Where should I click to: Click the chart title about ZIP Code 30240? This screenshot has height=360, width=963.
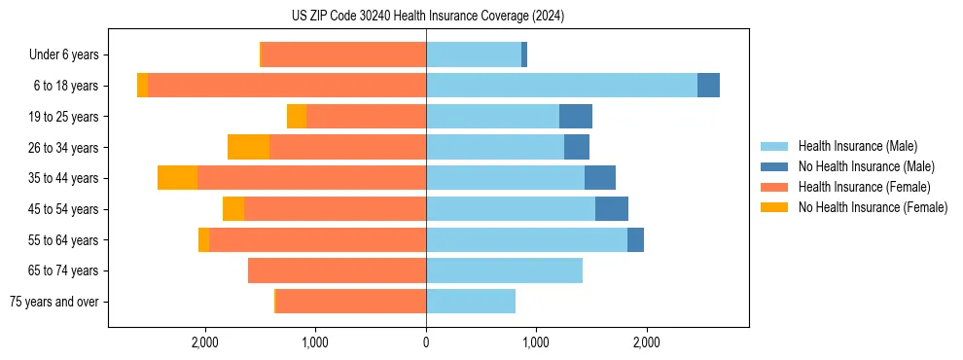pyautogui.click(x=427, y=17)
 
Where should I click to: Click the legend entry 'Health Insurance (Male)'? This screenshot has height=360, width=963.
pyautogui.click(x=857, y=146)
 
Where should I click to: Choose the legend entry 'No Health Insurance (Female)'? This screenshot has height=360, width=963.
pyautogui.click(x=873, y=207)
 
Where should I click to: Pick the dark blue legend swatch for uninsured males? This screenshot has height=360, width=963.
pyautogui.click(x=774, y=166)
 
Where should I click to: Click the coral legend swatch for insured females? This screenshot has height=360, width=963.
pyautogui.click(x=774, y=187)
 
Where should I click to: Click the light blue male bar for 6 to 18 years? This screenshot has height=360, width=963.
pyautogui.click(x=561, y=86)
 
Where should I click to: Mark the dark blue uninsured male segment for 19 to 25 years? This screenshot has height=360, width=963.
pyautogui.click(x=576, y=117)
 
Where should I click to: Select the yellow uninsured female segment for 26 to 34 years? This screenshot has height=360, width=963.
pyautogui.click(x=248, y=147)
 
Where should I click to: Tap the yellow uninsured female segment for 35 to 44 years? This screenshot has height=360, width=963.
pyautogui.click(x=177, y=178)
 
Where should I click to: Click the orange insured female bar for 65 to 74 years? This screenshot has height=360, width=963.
pyautogui.click(x=337, y=270)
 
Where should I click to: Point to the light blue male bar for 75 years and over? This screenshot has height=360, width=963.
pyautogui.click(x=471, y=302)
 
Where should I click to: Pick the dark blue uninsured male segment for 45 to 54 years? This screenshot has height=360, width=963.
pyautogui.click(x=612, y=209)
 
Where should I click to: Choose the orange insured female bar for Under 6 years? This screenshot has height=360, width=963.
pyautogui.click(x=343, y=54)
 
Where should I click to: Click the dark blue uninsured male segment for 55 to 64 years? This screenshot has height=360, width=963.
pyautogui.click(x=635, y=239)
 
